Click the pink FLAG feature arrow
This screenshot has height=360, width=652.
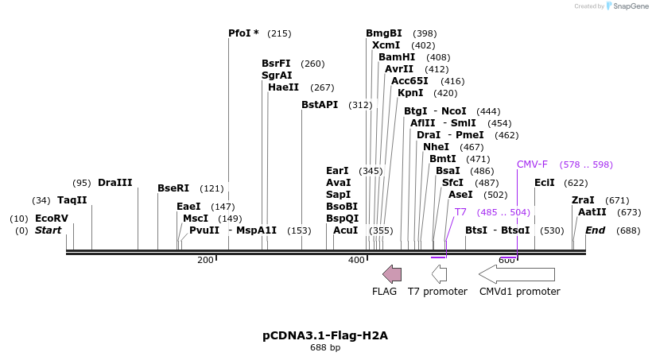pos(392,274)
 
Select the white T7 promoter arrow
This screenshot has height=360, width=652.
pos(439,274)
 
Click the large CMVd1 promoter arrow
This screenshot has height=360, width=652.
pos(517,274)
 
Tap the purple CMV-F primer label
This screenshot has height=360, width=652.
pos(532,165)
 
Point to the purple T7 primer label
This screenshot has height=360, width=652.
pos(460,212)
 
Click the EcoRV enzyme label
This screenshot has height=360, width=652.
pos(52,218)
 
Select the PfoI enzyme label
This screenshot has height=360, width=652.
pos(243,33)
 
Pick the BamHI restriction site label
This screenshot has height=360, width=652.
pos(397,57)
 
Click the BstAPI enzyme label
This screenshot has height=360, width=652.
pos(320,105)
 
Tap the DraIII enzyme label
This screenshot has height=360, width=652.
pos(115,183)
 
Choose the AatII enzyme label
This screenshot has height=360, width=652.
pos(592,212)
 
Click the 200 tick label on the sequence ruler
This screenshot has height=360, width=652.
pos(205,261)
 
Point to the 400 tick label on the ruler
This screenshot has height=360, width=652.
pos(356,261)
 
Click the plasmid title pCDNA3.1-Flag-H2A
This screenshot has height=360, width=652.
pos(325,335)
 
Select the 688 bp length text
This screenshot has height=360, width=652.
pos(325,348)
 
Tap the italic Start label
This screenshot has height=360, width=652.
pos(49,230)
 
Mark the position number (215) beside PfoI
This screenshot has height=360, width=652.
pos(279,33)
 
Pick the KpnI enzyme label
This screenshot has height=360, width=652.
pos(411,93)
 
